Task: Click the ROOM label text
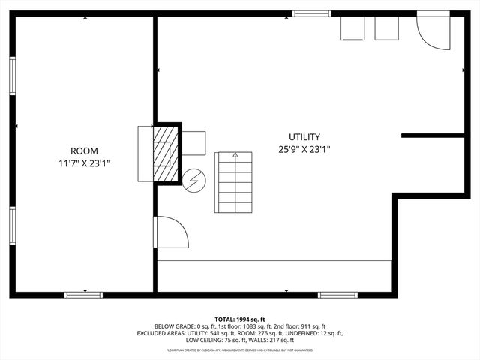[x=84, y=151]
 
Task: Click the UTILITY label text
[x=304, y=137]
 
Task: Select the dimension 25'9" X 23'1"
[x=304, y=149]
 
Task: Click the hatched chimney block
[x=162, y=153]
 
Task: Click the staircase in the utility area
[x=234, y=182]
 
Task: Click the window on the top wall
[x=311, y=13]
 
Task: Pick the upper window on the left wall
[x=13, y=76]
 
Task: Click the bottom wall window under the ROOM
[x=84, y=294]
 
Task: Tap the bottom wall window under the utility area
[x=337, y=294]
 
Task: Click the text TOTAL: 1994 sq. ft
[x=240, y=319]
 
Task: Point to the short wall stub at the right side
[x=433, y=136]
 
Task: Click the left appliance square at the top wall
[x=352, y=28]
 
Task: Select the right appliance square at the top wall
[x=387, y=28]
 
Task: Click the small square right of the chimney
[x=193, y=143]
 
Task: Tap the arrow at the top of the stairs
[x=235, y=155]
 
